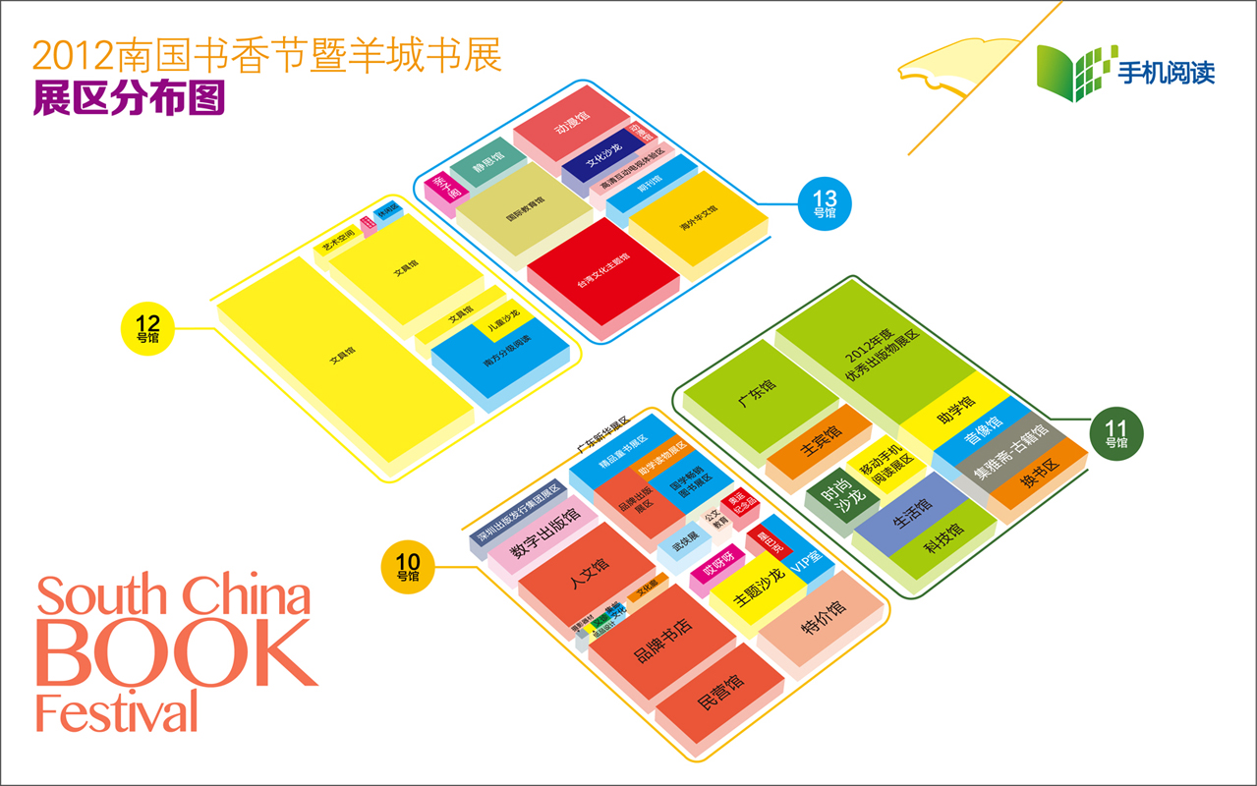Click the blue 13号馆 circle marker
pos(825,203)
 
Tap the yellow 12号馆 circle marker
pos(147,328)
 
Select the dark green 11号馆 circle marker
pos(1117,433)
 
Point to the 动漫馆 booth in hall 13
pos(571,126)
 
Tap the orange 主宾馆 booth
pos(820,442)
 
